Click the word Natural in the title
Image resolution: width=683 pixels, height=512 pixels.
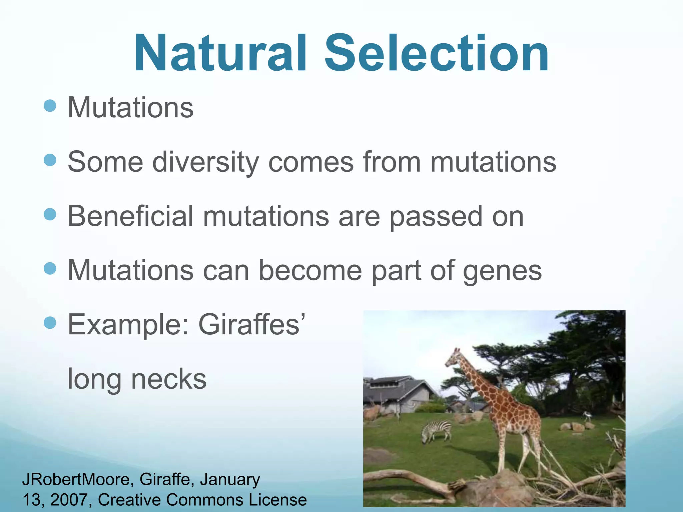(220, 53)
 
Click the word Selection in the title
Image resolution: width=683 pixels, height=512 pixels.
(437, 53)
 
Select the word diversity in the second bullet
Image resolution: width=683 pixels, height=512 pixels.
(205, 162)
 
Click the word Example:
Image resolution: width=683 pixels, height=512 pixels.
(129, 325)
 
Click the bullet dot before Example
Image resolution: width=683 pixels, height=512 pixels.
(50, 323)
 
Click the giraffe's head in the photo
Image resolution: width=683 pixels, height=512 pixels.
(454, 358)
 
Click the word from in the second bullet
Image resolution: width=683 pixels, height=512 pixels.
(392, 162)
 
